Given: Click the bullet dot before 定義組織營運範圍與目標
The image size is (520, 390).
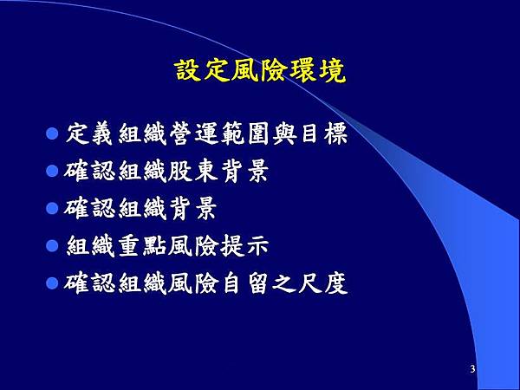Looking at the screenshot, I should (x=51, y=134).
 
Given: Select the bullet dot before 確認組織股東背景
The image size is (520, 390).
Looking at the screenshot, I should (x=51, y=172).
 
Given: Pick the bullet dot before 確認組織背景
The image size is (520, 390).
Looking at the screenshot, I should (x=51, y=209).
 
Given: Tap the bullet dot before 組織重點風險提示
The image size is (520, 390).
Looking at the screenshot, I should (x=51, y=245).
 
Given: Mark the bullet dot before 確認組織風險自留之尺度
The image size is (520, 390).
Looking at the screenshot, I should (x=51, y=283).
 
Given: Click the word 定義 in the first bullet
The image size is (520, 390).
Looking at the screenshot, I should (x=88, y=135).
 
